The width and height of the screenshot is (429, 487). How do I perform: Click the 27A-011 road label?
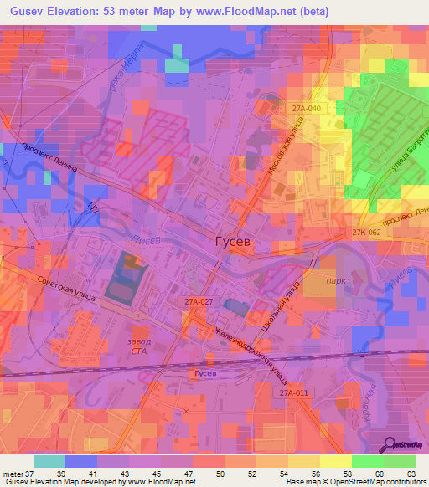(294, 392)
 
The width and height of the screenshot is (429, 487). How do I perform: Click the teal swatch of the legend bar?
(49, 461)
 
